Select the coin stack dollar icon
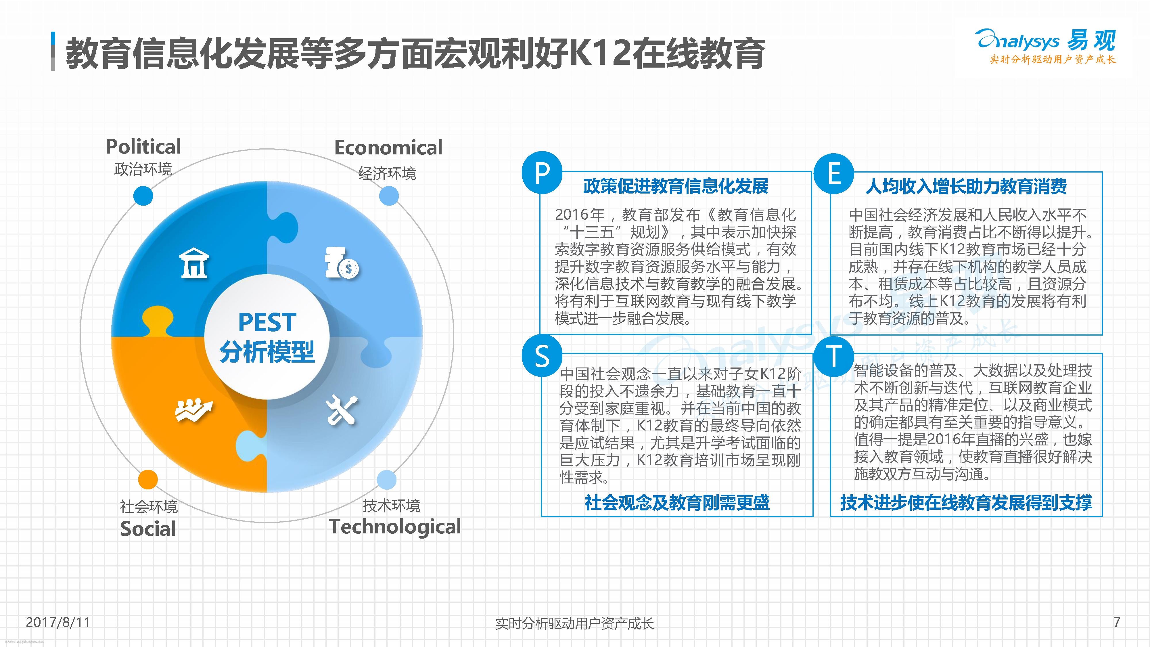click(x=342, y=263)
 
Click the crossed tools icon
click(x=342, y=410)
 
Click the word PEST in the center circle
click(x=267, y=322)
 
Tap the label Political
click(x=143, y=146)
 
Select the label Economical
click(x=388, y=147)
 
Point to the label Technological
click(x=395, y=527)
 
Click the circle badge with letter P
click(x=542, y=173)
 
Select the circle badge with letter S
click(x=542, y=356)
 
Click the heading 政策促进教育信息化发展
click(x=676, y=186)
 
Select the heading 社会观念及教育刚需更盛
click(x=677, y=503)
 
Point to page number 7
click(x=1117, y=622)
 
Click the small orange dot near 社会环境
click(x=148, y=480)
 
